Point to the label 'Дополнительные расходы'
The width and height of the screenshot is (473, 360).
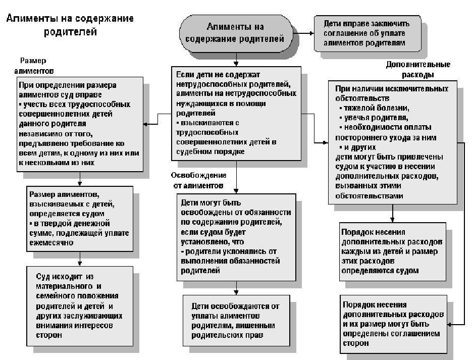point(418,70)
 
